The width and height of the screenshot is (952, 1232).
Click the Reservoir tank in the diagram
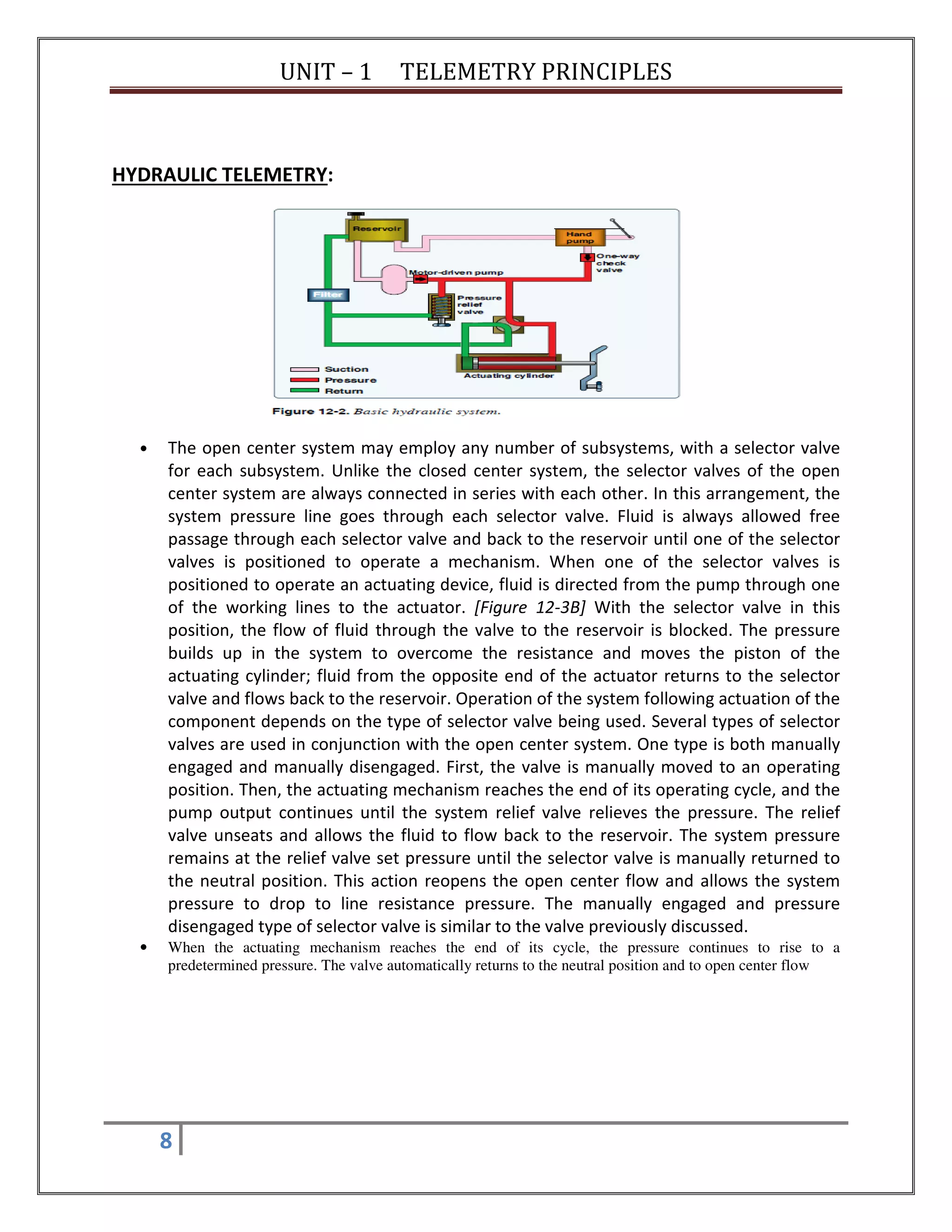pos(377,229)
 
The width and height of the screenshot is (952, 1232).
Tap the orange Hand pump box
pos(579,238)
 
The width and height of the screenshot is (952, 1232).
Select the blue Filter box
pos(328,294)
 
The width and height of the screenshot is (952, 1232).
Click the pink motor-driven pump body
pos(394,279)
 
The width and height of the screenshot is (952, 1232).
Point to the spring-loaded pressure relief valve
pos(441,309)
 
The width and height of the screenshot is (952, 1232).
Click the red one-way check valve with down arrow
pos(588,258)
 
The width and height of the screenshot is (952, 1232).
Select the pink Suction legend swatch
pos(304,370)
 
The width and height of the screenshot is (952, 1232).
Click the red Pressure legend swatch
pos(304,380)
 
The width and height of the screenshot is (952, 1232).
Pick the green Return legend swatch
pos(304,391)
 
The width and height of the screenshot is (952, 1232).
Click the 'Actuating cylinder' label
pos(509,376)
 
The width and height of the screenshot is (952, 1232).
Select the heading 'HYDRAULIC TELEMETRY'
pos(219,175)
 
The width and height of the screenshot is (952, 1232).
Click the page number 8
pos(166,1140)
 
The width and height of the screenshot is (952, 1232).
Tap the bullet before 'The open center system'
pos(145,449)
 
